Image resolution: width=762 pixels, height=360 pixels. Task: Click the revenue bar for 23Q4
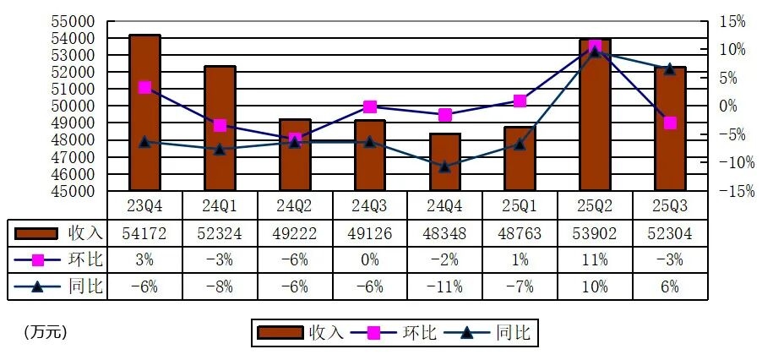pos(144,114)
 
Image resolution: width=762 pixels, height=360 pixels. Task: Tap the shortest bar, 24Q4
pos(445,162)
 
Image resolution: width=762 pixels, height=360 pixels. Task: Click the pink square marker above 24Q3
pos(370,106)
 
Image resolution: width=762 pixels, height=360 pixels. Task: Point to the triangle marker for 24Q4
pos(445,166)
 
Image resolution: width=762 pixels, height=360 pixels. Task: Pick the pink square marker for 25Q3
pos(670,123)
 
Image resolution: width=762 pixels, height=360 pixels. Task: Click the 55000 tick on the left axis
pos(77,20)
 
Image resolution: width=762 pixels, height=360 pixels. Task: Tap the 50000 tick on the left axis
pos(77,106)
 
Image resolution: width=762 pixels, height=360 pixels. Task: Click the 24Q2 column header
pos(295,205)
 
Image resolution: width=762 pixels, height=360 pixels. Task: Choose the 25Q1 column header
pos(520,205)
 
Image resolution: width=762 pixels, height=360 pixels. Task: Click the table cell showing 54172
pos(144,232)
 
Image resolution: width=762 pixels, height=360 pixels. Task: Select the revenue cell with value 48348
pos(445,232)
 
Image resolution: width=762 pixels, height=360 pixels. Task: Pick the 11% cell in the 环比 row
pos(595,259)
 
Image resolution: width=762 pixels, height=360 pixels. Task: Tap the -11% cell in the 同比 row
pos(445,286)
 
